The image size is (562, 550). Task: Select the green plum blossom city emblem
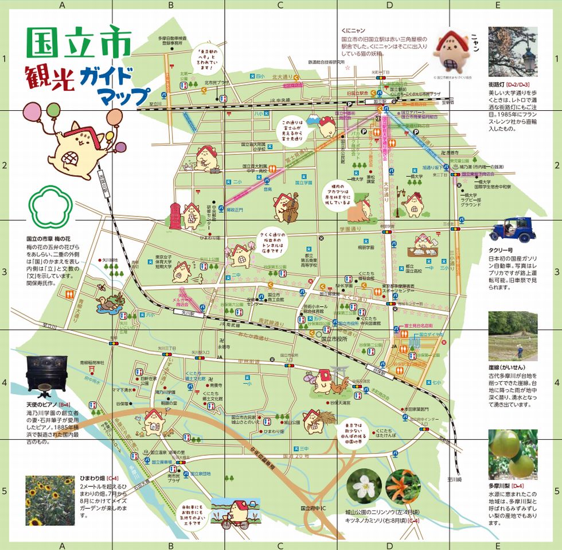pyautogui.click(x=50, y=207)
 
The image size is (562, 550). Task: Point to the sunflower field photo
pyautogui.click(x=50, y=500)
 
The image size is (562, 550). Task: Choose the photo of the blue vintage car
pyautogui.click(x=512, y=229)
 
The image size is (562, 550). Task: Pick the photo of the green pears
pyautogui.click(x=513, y=454)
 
